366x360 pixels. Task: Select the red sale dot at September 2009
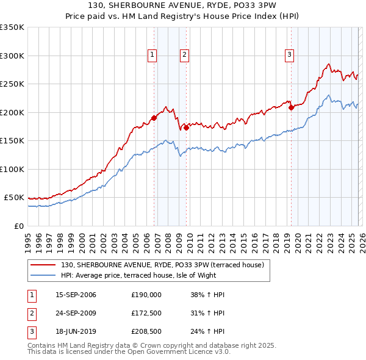pyautogui.click(x=186, y=128)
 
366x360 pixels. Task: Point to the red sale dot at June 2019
pyautogui.click(x=292, y=108)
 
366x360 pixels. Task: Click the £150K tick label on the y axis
pyautogui.click(x=12, y=140)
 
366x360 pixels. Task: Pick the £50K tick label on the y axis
pyautogui.click(x=14, y=198)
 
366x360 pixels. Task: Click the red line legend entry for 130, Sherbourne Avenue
pyautogui.click(x=162, y=265)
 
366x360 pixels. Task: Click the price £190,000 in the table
pyautogui.click(x=146, y=295)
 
